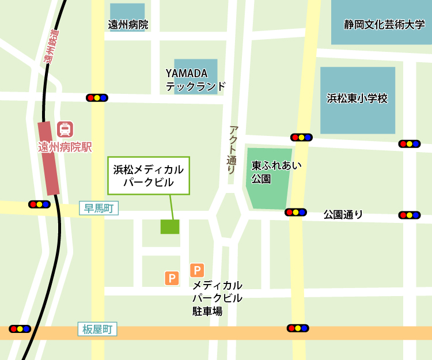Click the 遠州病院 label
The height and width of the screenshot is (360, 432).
pos(128,25)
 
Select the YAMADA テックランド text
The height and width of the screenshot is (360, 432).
pos(195,80)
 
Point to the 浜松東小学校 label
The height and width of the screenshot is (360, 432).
pos(357,98)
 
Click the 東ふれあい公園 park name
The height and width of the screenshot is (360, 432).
pos(268,172)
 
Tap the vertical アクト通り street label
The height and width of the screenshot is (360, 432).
pos(232,150)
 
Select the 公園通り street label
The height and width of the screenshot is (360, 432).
pos(343,215)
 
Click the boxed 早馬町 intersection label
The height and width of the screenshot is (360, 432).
pos(98,209)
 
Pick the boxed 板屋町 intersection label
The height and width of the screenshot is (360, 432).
pos(97,329)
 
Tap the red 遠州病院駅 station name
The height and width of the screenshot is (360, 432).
pos(65,147)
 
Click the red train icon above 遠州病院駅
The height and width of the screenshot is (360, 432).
pos(65,129)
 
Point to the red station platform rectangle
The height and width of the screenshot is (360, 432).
pos(49,158)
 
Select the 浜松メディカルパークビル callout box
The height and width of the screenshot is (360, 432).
pos(149,176)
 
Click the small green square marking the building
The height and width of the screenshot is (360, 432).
pos(170,226)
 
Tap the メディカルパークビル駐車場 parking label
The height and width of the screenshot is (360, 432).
pos(217,298)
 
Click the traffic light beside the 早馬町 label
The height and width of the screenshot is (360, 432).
pos(39,204)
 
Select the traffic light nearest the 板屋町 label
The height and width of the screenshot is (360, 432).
pos(20,329)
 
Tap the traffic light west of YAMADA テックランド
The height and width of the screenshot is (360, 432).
pos(97,98)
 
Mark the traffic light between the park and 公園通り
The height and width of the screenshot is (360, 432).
pos(295,212)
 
